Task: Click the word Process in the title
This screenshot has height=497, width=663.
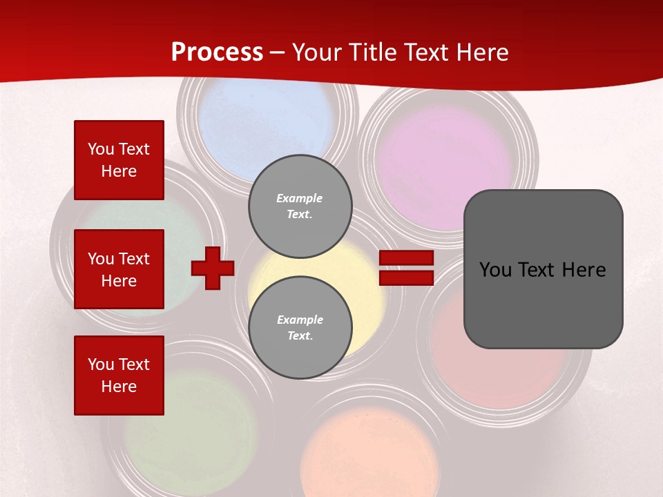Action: (217, 52)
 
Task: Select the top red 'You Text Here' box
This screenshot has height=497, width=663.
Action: (119, 160)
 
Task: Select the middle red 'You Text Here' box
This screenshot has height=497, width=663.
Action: (119, 269)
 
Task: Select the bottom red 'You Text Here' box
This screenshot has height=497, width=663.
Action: (119, 376)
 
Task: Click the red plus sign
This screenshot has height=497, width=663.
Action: (213, 268)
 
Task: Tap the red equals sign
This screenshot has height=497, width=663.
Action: (406, 268)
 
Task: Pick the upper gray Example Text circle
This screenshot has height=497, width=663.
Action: (300, 206)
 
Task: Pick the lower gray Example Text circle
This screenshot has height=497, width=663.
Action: (300, 328)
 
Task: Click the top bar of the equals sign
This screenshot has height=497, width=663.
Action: (406, 258)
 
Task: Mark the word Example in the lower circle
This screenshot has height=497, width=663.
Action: (300, 320)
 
